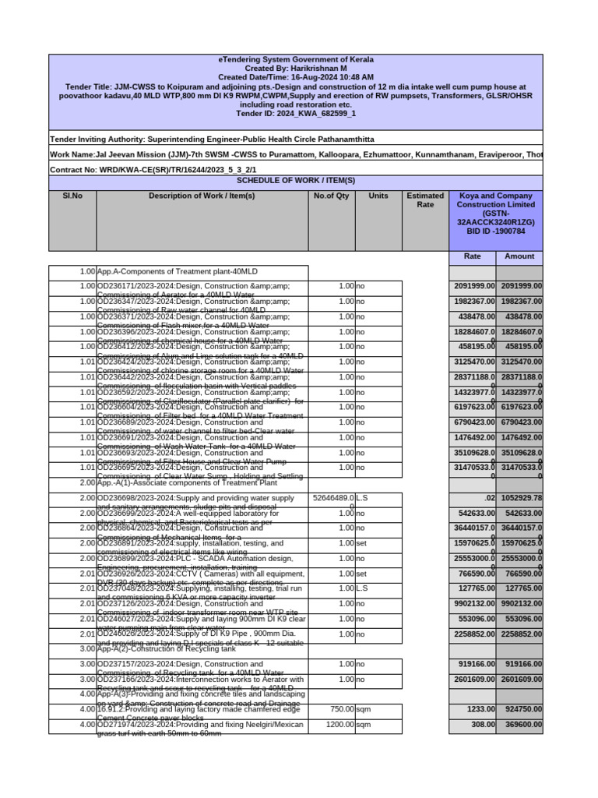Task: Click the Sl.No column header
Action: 72,196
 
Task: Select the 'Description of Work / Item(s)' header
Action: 202,196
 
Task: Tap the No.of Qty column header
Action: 331,196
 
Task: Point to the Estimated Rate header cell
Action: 425,200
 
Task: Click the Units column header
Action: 378,196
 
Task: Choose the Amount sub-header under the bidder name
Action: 519,256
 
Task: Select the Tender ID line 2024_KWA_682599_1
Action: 295,114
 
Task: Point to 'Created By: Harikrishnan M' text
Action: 295,69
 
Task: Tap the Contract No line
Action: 153,169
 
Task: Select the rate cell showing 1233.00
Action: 473,711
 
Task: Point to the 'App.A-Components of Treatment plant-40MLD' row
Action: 202,272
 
